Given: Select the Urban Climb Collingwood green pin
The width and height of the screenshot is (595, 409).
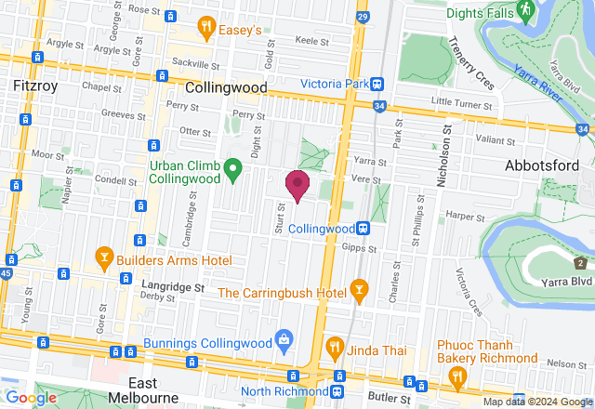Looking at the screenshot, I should click(x=233, y=169).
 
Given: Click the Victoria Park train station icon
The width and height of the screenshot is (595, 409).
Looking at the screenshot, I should click(x=377, y=84).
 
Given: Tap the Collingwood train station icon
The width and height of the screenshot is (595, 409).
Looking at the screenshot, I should click(x=365, y=228).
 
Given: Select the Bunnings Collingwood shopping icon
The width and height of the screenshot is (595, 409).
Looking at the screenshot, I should click(x=285, y=339).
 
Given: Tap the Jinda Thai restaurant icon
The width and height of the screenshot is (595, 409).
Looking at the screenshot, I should click(x=335, y=350).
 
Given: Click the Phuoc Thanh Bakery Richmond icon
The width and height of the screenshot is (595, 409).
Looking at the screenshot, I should click(x=456, y=376).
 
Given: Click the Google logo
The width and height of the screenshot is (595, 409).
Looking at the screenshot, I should click(x=32, y=398).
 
